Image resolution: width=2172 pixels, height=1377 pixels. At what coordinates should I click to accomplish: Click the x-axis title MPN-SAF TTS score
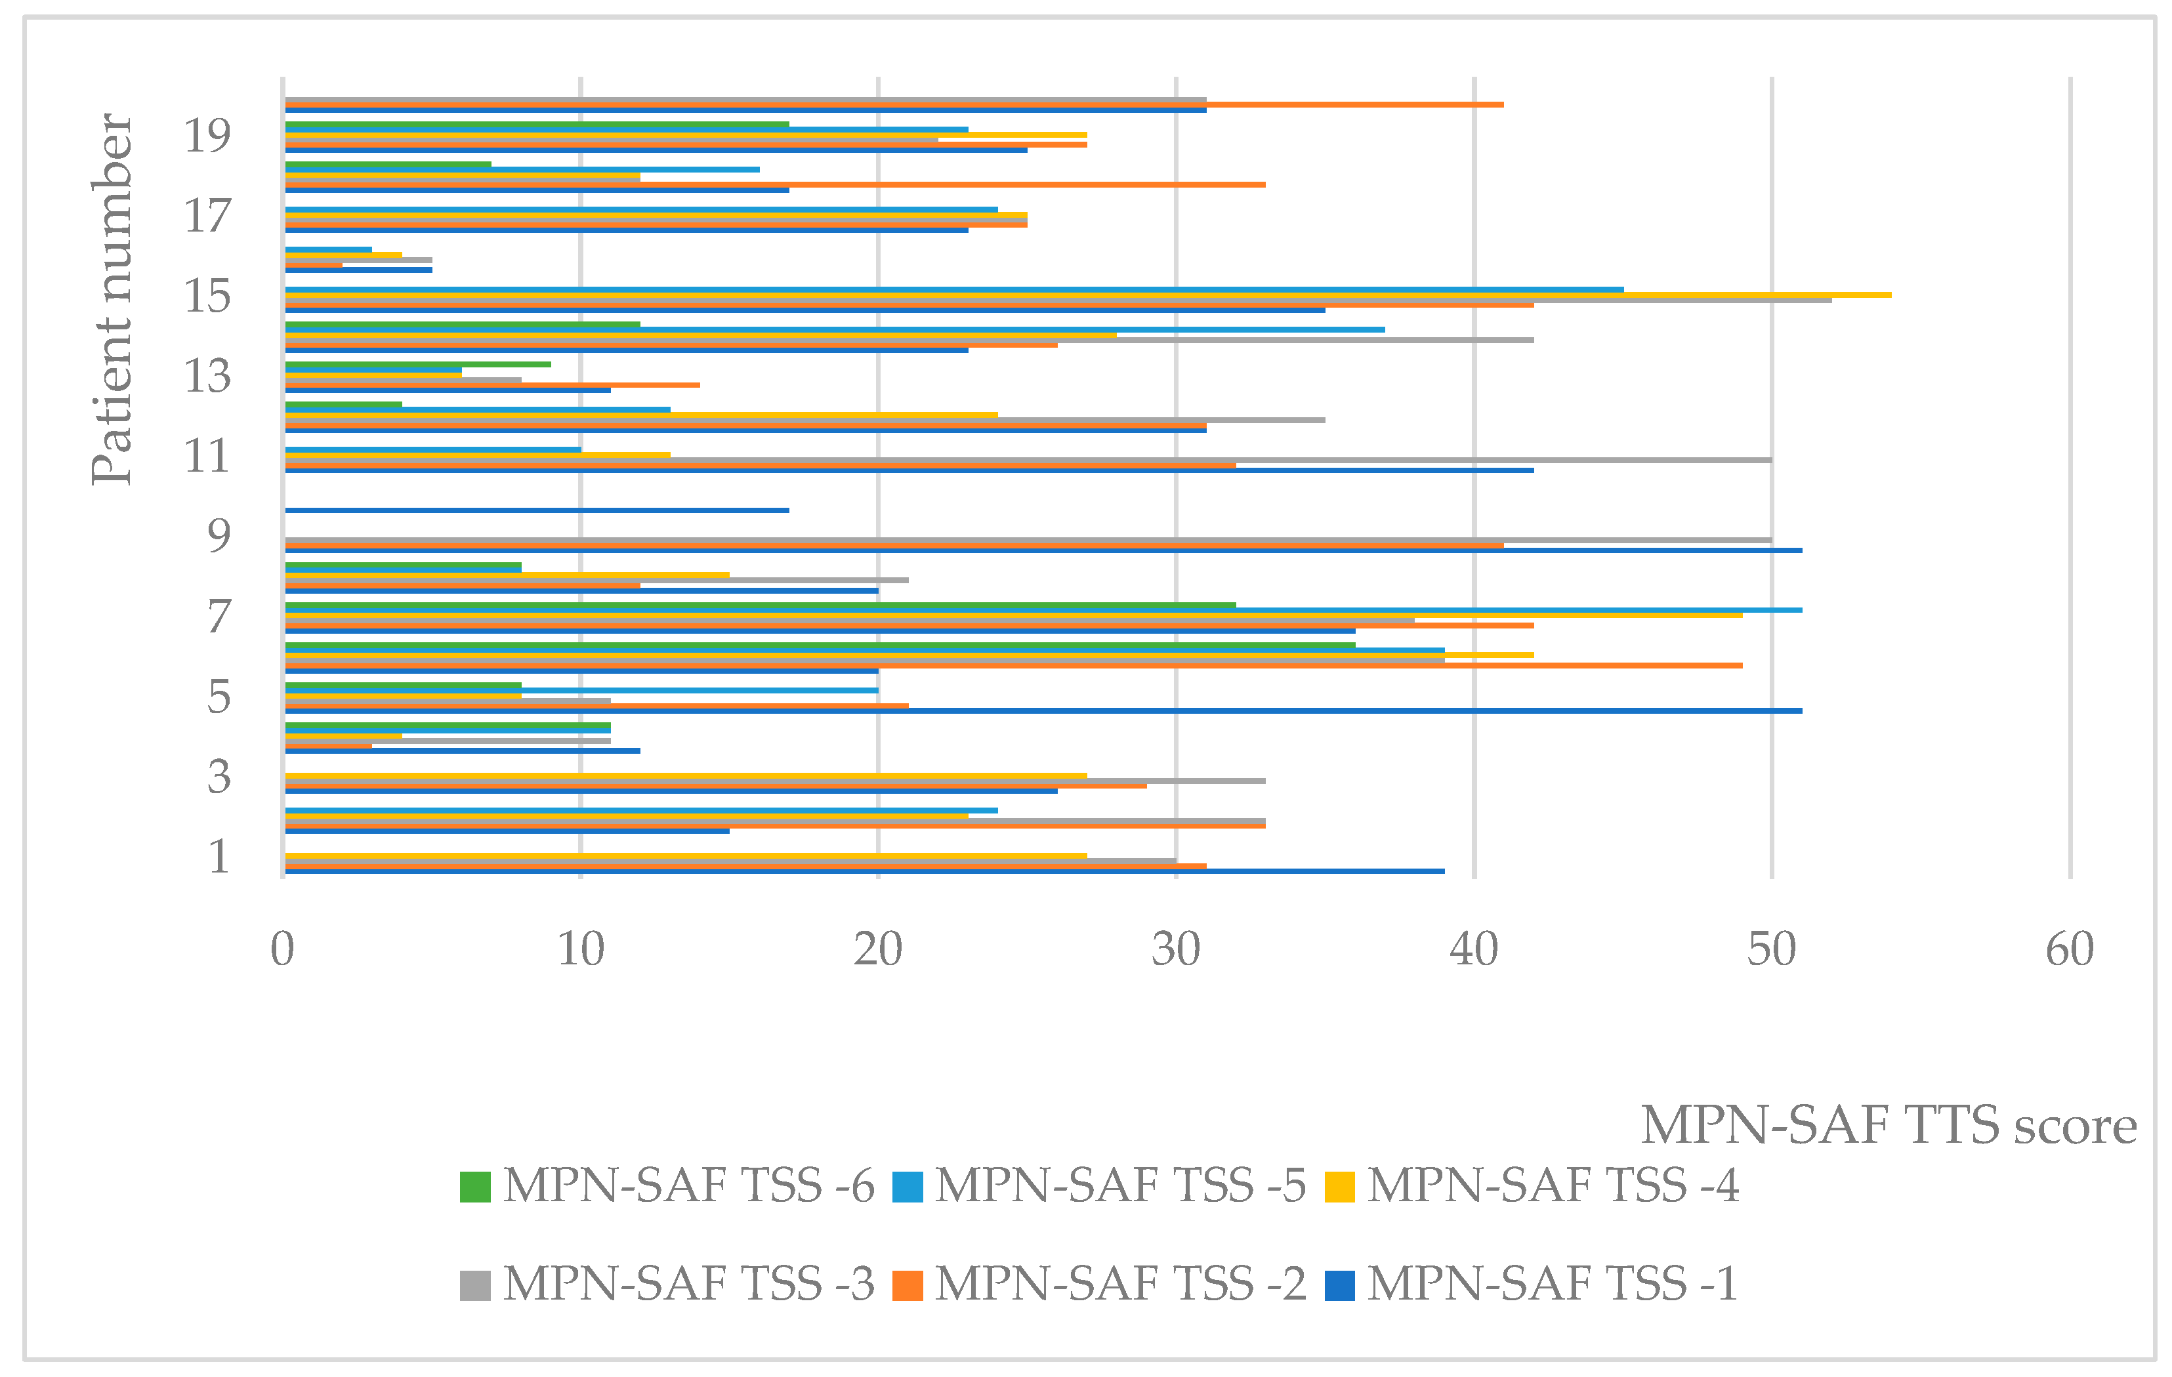coord(1888,1125)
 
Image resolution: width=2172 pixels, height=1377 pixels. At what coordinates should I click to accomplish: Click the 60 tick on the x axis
coord(2069,949)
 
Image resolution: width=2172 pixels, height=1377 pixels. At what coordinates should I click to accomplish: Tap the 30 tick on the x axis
coord(1175,949)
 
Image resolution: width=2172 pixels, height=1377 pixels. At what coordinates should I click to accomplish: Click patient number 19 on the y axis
coord(207,135)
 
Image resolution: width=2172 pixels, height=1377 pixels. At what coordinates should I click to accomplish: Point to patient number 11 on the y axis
coord(207,455)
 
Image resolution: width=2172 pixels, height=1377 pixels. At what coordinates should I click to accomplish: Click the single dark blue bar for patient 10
coord(537,510)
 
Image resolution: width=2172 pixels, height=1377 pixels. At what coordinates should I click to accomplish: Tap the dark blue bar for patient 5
coord(1042,710)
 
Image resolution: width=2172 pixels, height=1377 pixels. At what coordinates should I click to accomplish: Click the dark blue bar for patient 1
coord(864,871)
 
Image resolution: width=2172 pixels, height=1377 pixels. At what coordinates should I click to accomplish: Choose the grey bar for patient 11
coord(1028,460)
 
